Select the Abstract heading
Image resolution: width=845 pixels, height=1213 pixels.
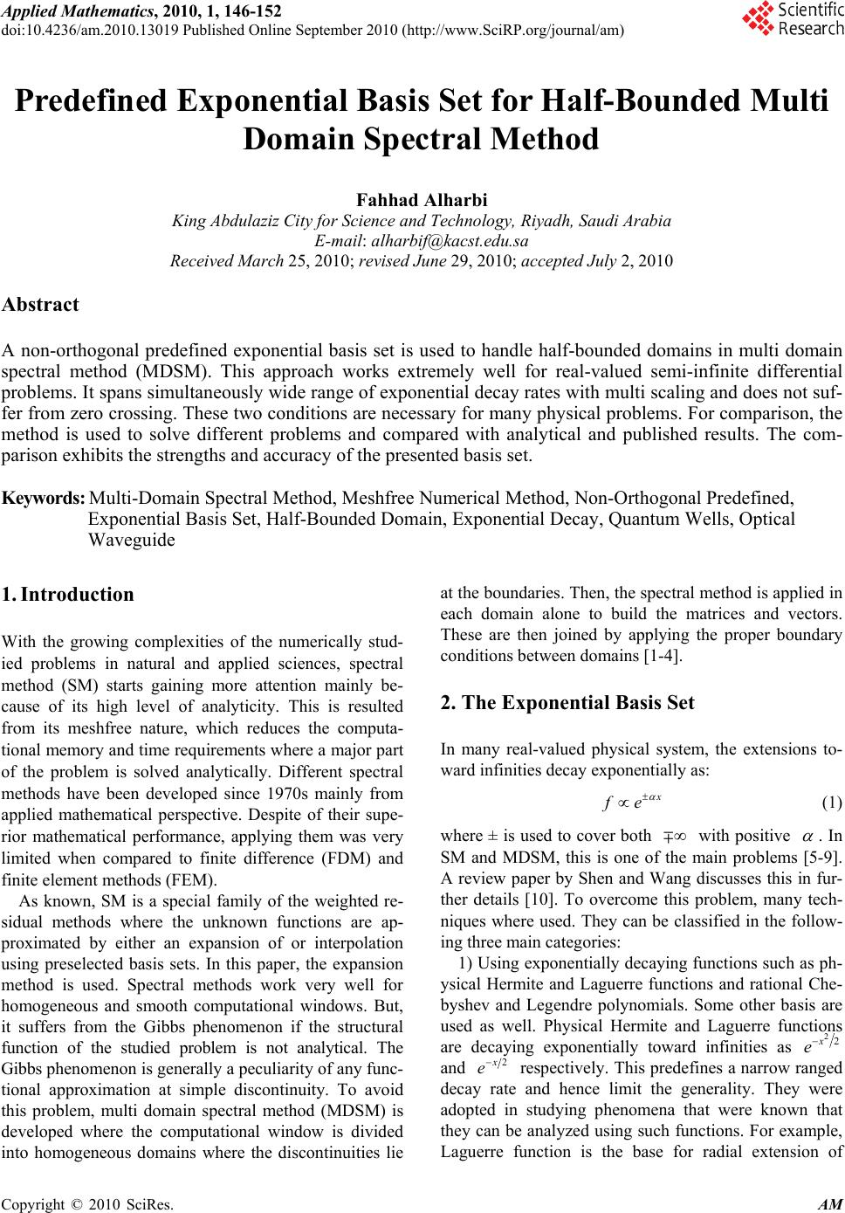(x=40, y=305)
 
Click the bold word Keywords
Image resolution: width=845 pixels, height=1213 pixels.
(x=44, y=499)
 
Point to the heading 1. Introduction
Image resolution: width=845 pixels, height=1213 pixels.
(x=68, y=595)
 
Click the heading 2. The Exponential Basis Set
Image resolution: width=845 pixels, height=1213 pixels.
(x=567, y=702)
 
